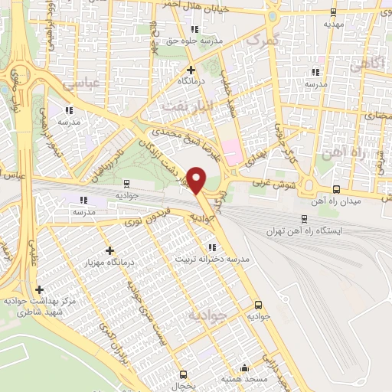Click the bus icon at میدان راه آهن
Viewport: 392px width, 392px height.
336,189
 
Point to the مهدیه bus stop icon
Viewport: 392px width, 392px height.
332,11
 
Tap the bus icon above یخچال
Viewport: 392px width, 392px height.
182,374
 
